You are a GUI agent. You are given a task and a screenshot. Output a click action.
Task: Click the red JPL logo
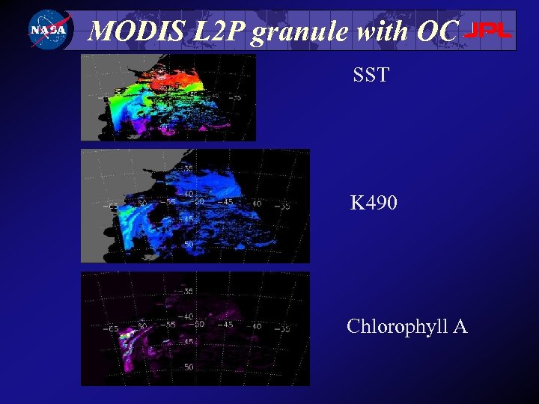point(489,31)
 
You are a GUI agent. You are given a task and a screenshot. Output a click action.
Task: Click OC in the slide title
point(434,31)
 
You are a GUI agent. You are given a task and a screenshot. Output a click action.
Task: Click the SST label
point(371,74)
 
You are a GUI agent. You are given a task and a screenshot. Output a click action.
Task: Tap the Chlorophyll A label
point(406,327)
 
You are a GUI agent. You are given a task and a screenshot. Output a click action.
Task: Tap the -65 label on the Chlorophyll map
point(113,328)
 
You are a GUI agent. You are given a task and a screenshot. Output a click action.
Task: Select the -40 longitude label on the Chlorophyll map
point(255,325)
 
